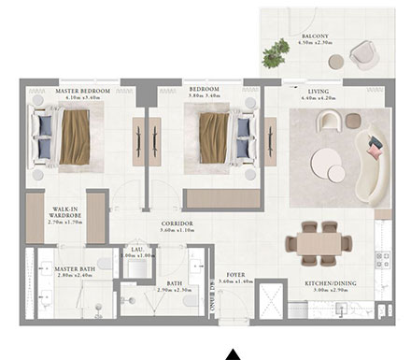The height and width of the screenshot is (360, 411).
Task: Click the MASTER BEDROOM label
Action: tap(81, 91)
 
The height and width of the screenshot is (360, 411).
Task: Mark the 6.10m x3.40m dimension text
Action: tap(81, 98)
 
